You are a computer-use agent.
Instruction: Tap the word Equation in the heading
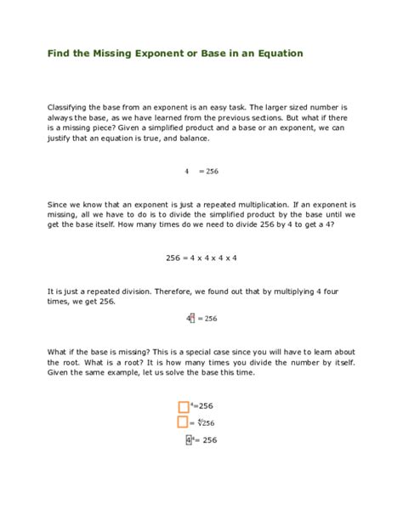click(275, 54)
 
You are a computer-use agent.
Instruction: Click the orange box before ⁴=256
click(183, 407)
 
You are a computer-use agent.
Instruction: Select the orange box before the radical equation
click(183, 422)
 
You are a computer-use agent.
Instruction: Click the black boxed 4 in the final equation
click(189, 440)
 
